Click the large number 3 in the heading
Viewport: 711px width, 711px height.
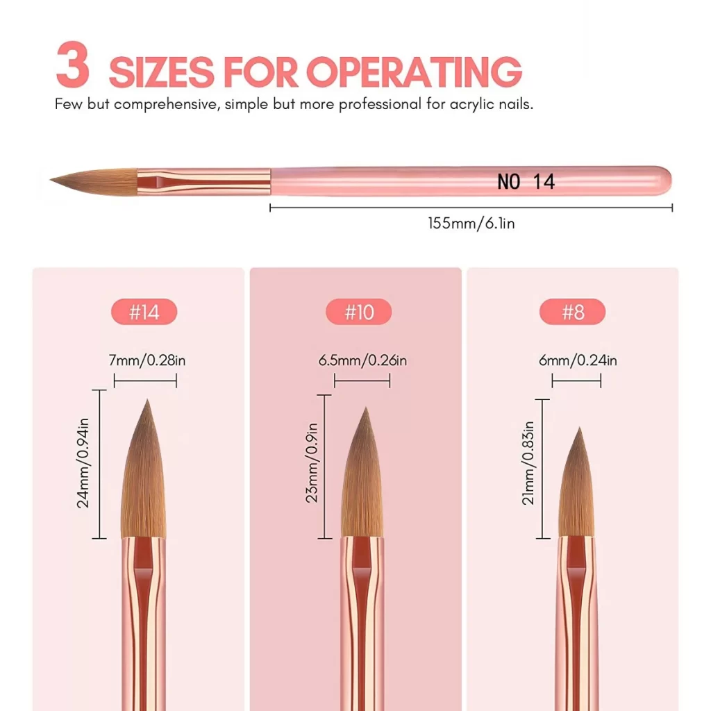pyautogui.click(x=72, y=65)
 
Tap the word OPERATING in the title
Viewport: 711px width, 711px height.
pyautogui.click(x=414, y=72)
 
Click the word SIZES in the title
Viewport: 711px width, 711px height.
pyautogui.click(x=161, y=72)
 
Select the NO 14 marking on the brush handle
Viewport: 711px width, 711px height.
pyautogui.click(x=526, y=182)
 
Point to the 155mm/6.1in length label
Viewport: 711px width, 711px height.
pyautogui.click(x=471, y=223)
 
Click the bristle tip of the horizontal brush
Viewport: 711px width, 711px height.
pyautogui.click(x=51, y=181)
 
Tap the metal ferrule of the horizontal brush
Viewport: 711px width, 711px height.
pyautogui.click(x=204, y=181)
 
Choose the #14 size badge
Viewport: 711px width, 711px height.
pyautogui.click(x=144, y=312)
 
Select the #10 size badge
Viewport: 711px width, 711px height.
pyautogui.click(x=359, y=312)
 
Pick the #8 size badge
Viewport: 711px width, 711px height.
pyautogui.click(x=572, y=312)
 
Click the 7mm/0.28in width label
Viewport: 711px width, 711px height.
pyautogui.click(x=147, y=360)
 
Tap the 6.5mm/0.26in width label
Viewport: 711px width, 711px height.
pyautogui.click(x=362, y=360)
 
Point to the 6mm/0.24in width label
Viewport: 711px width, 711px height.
pyautogui.click(x=578, y=360)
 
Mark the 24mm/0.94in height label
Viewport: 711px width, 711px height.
pyautogui.click(x=83, y=463)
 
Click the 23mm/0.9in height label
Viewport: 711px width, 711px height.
pyautogui.click(x=312, y=463)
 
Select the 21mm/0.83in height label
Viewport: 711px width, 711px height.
pyautogui.click(x=528, y=463)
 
